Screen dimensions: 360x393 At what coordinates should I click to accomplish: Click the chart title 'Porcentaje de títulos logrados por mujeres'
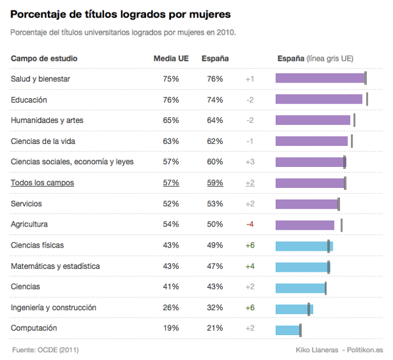[x=120, y=14]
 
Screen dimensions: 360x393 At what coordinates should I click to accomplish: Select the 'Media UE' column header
[x=171, y=58]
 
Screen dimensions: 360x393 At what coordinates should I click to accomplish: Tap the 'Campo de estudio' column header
[x=44, y=58]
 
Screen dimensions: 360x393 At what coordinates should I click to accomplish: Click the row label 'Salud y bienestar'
[x=41, y=79]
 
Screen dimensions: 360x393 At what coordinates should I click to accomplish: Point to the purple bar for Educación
[x=318, y=99]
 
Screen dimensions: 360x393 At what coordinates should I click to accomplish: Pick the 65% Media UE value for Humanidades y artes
[x=171, y=120]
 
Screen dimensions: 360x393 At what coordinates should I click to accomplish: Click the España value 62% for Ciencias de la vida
[x=215, y=141]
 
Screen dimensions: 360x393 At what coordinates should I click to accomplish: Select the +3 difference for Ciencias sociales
[x=250, y=162]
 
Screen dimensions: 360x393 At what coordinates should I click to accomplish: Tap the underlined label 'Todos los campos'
[x=42, y=183]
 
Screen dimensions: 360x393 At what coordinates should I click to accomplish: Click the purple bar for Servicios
[x=307, y=204]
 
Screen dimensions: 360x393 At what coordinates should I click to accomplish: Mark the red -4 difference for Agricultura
[x=250, y=225]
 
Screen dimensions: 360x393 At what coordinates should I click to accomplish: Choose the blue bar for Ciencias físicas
[x=304, y=245]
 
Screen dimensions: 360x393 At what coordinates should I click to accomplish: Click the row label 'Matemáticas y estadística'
[x=55, y=266]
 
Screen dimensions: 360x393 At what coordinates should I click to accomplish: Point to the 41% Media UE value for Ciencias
[x=171, y=287]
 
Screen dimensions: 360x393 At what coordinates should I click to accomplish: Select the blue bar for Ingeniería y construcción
[x=294, y=308]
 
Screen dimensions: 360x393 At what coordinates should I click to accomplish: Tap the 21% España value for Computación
[x=215, y=328]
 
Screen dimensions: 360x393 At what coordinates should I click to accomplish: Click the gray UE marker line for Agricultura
[x=341, y=225]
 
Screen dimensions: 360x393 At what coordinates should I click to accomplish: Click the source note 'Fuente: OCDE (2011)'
[x=45, y=350]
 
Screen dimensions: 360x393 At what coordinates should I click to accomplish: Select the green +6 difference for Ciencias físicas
[x=250, y=245]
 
